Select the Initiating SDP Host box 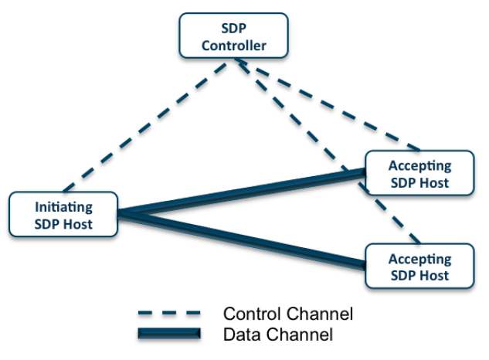63,215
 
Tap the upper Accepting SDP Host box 419,174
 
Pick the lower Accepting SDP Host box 419,267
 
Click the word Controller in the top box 233,46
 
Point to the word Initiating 63,207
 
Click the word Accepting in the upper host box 419,166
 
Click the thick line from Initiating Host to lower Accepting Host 239,239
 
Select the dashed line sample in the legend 169,314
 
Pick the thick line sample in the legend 169,333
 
